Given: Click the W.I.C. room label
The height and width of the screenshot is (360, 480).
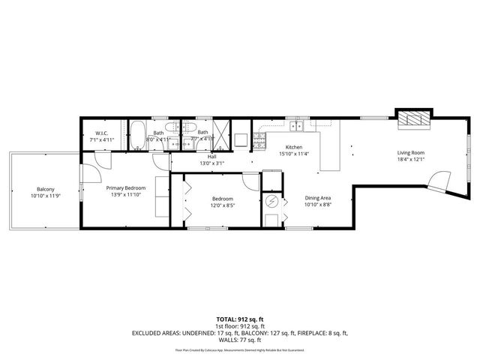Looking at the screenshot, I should coord(101,133).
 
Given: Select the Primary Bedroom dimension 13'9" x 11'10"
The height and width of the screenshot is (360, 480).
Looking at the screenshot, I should coord(124,195).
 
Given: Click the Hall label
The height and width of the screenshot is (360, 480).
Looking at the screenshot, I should coord(212,157).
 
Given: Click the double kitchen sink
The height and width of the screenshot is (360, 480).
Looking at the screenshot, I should coord(298,137).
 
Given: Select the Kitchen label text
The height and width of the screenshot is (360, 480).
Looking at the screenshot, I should coord(293,148).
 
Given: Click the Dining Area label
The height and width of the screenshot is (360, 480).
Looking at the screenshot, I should coord(318,197).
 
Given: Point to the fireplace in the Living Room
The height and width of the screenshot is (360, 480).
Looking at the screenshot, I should coord(414,118).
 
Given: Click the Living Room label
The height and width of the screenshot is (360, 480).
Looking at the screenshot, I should coord(411,153).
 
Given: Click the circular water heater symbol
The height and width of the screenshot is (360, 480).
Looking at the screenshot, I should coord(272,202).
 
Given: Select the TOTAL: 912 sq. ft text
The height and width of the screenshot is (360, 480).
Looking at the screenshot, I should coord(239,319).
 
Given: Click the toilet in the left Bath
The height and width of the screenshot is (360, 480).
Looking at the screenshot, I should coord(172,127).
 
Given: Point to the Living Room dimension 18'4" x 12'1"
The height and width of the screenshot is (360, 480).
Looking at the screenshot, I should coord(411,160).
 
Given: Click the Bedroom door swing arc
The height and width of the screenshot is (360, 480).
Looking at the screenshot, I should coord(251,180).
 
